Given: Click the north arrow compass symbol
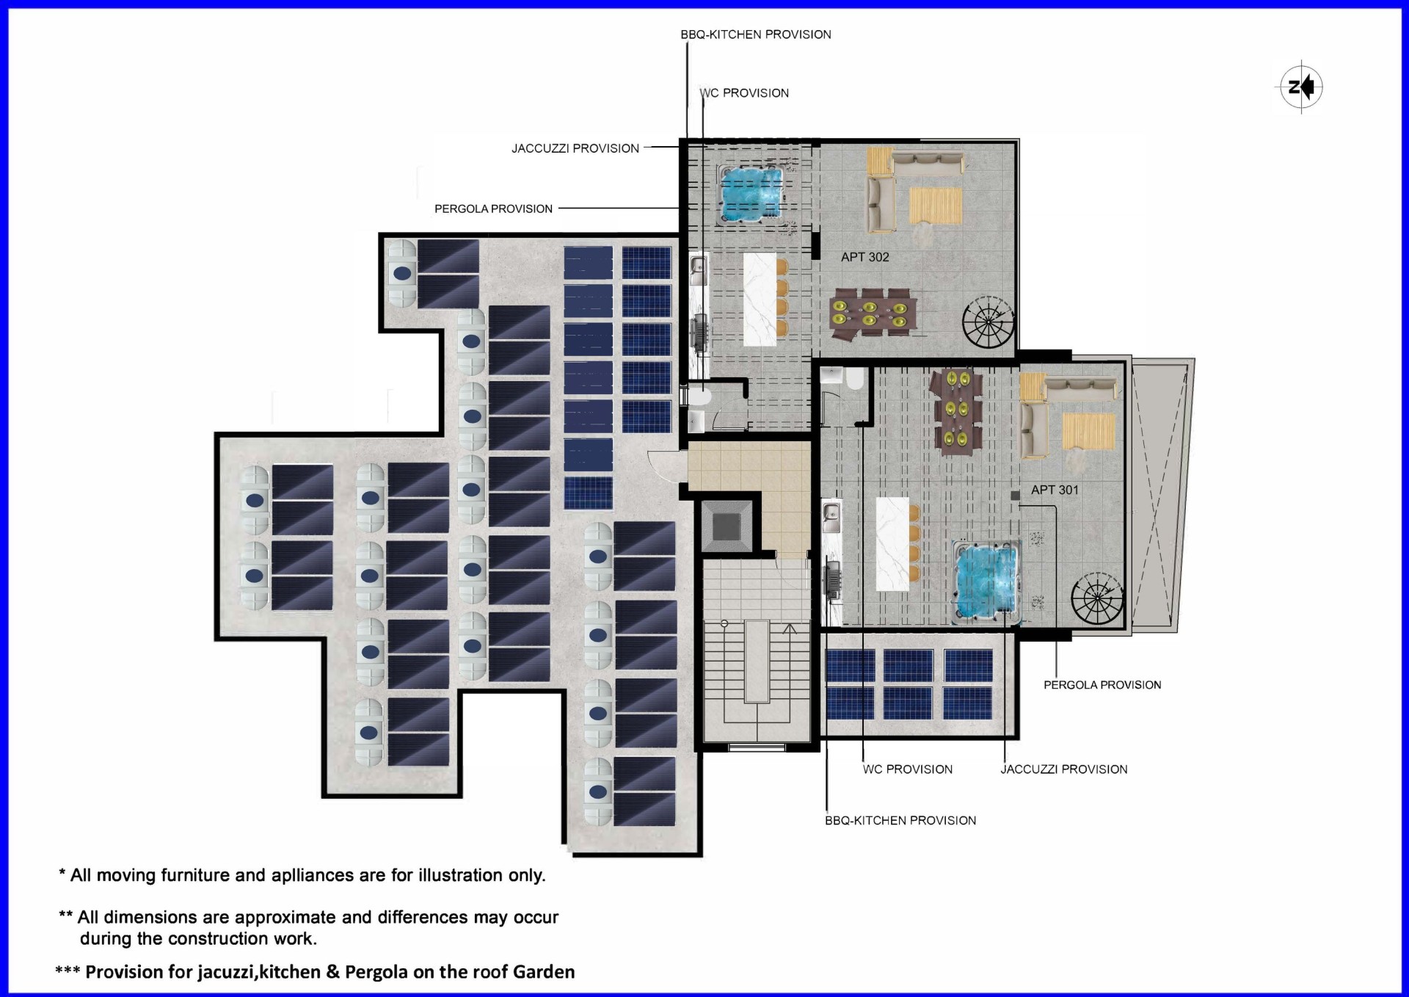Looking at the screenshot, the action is [x=1301, y=87].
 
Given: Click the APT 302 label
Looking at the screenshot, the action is [x=864, y=257].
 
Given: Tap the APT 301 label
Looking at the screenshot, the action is [x=1055, y=490].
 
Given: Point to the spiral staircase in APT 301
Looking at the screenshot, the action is [x=1097, y=598].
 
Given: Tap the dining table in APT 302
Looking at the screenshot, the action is [x=873, y=315].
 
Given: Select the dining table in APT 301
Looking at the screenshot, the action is [x=955, y=411].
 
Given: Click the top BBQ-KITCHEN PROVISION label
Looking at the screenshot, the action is [x=756, y=35].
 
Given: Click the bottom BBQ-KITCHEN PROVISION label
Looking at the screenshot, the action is [x=900, y=821].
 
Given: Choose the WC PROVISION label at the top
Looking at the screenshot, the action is [x=744, y=93].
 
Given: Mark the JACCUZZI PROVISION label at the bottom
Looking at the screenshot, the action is [x=1064, y=769].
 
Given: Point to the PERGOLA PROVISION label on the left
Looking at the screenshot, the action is [x=493, y=209].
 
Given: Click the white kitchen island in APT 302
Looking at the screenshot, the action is [x=760, y=300].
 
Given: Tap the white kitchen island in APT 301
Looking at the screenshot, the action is [x=892, y=544].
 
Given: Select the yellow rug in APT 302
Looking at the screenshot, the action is [x=936, y=206].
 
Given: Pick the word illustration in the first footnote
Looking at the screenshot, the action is [x=463, y=875].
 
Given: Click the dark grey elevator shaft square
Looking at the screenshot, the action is [x=727, y=526].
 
